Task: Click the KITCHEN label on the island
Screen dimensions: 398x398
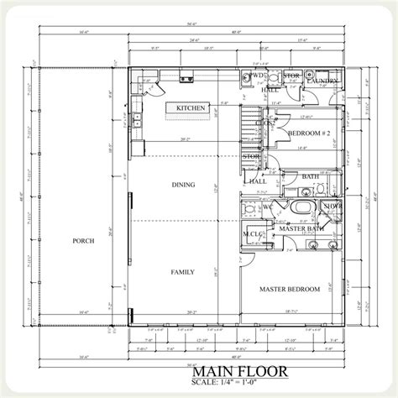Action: (191, 108)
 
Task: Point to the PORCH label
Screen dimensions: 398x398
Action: (83, 241)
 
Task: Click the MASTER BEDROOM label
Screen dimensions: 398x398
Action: (289, 289)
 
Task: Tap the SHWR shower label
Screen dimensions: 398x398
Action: (332, 205)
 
